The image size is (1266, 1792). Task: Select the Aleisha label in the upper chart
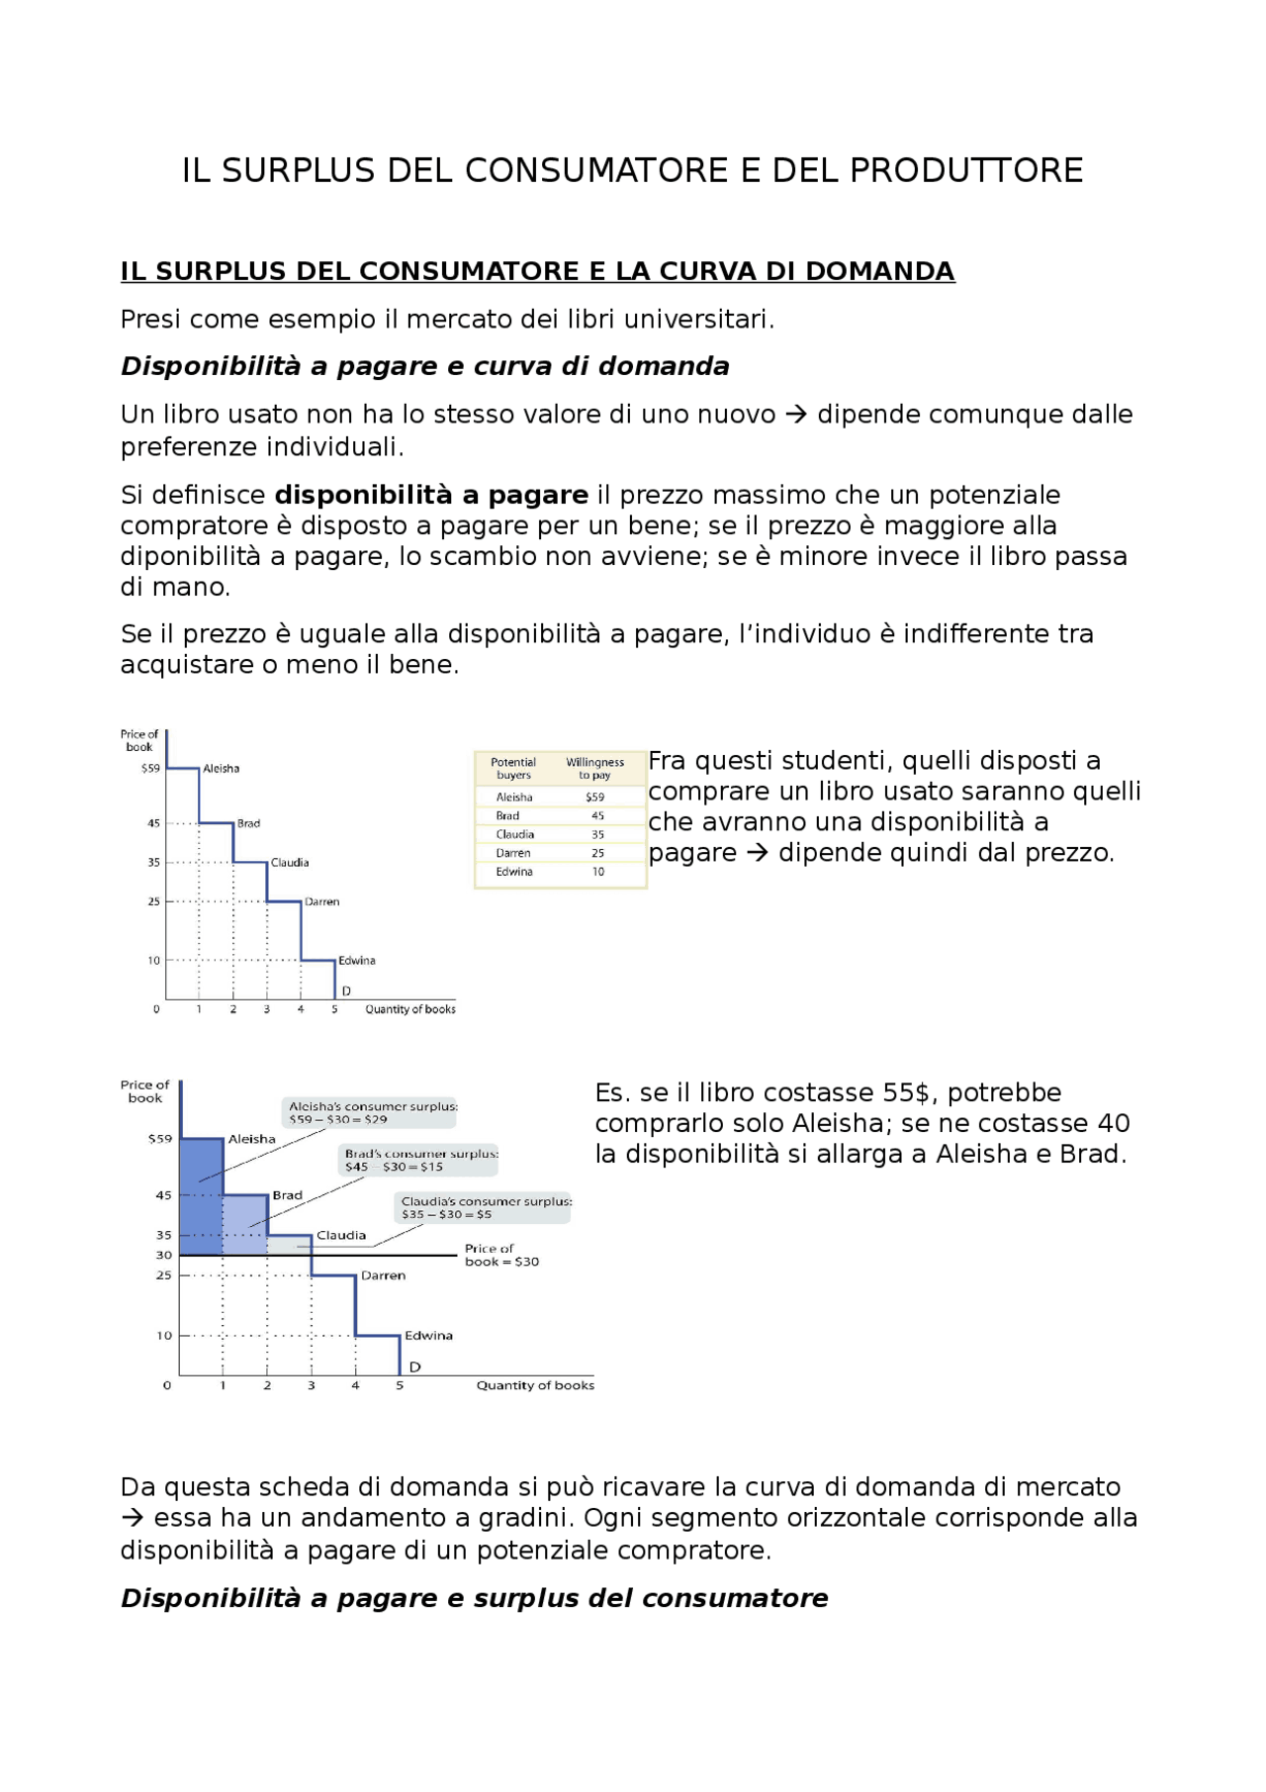click(x=221, y=769)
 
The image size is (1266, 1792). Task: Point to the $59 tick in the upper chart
click(x=150, y=769)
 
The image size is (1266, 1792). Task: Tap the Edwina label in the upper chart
click(x=356, y=961)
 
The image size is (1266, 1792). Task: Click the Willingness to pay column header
click(x=594, y=769)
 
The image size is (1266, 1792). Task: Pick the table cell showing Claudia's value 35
click(x=597, y=835)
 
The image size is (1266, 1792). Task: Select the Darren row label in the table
click(x=513, y=853)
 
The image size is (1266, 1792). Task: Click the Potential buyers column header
click(x=513, y=769)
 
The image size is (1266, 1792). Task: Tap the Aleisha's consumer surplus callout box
click(x=373, y=1113)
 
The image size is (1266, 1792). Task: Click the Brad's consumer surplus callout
click(x=421, y=1160)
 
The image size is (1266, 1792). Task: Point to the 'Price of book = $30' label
click(x=501, y=1255)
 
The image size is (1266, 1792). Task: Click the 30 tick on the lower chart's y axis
click(x=164, y=1255)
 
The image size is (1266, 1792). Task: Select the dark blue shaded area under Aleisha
click(x=201, y=1197)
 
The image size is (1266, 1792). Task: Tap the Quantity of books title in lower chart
click(x=535, y=1385)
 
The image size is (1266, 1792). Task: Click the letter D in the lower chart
click(x=415, y=1367)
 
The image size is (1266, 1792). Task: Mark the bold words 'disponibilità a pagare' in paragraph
click(x=431, y=496)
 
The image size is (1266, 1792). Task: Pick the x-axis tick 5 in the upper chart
click(x=334, y=1009)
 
